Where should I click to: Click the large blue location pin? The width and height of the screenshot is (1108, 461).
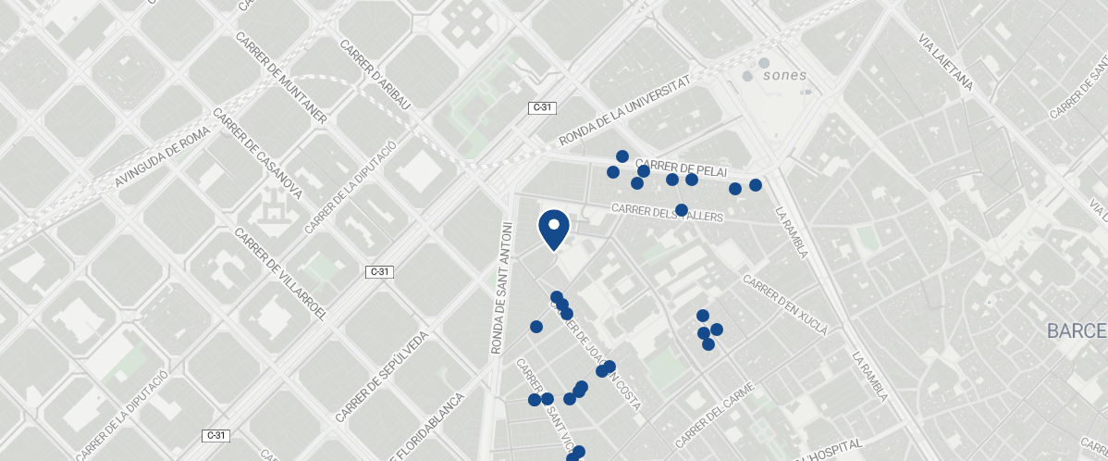(553, 229)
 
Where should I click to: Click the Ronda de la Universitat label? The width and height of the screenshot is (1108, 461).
(626, 111)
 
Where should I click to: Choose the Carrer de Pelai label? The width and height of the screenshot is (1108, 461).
(683, 168)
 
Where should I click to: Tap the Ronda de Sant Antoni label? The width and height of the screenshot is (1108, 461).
(500, 287)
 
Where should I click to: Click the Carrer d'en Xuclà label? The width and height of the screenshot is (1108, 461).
(784, 305)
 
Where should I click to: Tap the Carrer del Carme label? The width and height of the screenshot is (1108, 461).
(715, 413)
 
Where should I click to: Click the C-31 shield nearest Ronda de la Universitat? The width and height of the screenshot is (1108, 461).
(542, 107)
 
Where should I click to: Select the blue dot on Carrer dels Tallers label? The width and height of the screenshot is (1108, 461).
(682, 210)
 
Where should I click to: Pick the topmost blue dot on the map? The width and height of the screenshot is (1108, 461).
(622, 156)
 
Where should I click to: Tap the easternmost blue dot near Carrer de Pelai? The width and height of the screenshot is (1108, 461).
(756, 185)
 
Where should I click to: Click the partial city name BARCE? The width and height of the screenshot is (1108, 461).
(1077, 331)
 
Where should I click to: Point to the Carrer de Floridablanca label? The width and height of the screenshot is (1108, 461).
(429, 429)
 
